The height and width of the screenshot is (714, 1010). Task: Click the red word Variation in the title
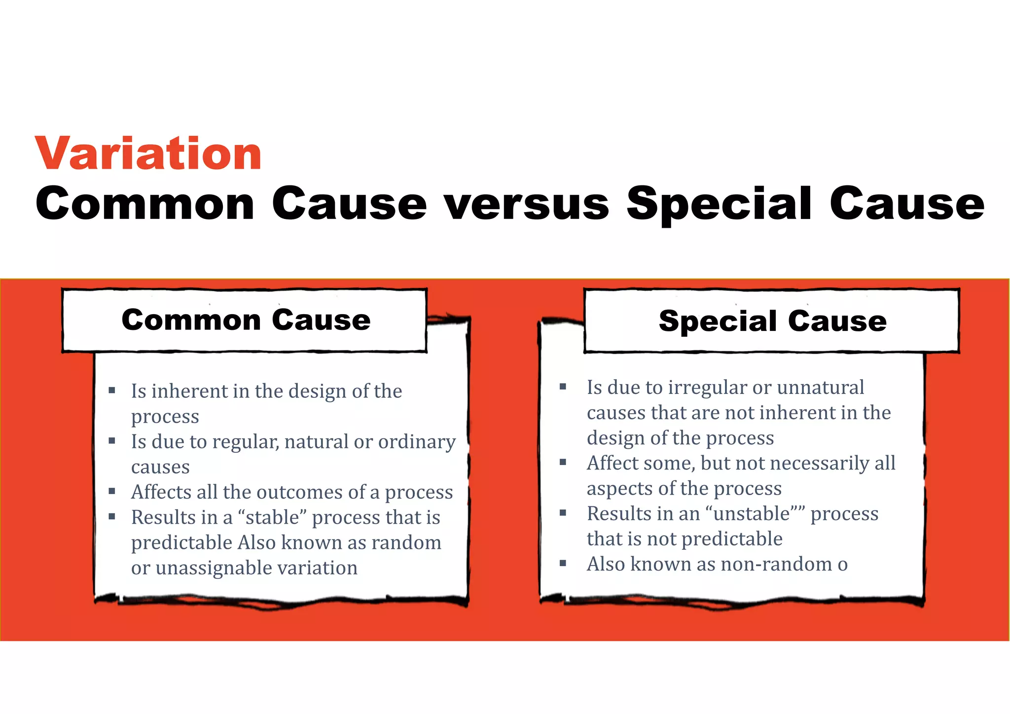[x=148, y=154]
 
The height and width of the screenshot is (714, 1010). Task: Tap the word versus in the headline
[x=527, y=204]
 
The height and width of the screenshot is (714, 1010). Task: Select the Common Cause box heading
[x=246, y=320]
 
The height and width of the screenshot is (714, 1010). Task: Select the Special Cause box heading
[x=772, y=321]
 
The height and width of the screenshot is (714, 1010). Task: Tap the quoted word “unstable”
[x=755, y=514]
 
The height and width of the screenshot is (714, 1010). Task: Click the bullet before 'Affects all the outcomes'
[x=112, y=491]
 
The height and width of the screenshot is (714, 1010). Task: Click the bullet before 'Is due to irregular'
[x=563, y=387]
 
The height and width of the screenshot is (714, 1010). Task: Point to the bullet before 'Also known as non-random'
[x=563, y=563]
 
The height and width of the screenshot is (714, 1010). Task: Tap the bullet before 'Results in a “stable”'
[x=112, y=516]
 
